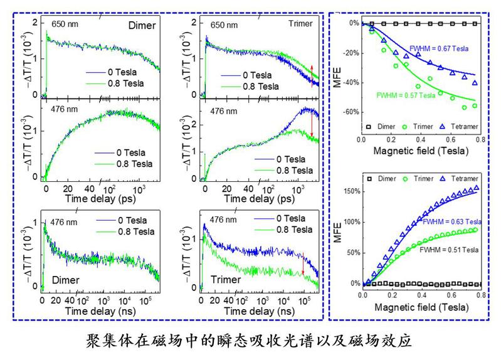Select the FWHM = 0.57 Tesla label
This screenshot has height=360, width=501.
tap(405, 95)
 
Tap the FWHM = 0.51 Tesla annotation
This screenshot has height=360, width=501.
tap(450, 250)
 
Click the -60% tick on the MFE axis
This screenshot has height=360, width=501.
tap(350, 112)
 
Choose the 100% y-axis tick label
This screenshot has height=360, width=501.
tap(349, 222)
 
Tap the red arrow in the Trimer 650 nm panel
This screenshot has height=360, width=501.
tap(312, 74)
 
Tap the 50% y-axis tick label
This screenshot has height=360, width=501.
tap(351, 253)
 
